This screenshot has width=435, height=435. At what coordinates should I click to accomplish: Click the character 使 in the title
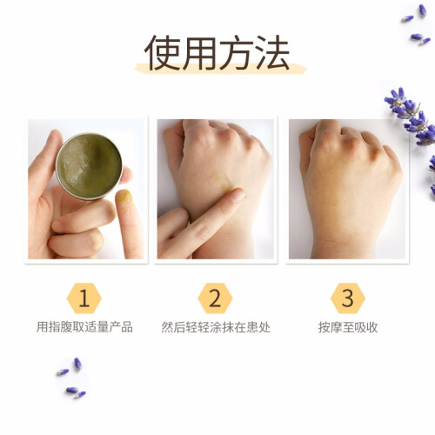163,52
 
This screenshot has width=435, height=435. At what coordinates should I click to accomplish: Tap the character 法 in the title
272,52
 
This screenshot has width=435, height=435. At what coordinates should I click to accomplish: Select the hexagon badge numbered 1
84,298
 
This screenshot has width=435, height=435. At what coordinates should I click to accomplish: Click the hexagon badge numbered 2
215,298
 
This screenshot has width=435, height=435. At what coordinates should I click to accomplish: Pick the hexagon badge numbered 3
347,298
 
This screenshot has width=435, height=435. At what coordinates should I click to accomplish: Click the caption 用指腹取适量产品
84,327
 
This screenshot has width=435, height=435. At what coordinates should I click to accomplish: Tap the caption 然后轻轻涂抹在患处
216,327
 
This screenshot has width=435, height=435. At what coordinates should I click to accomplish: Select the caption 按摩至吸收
348,327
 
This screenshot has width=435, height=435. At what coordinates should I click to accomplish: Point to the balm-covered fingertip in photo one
124,197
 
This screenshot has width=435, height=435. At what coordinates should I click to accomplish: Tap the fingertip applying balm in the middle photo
237,195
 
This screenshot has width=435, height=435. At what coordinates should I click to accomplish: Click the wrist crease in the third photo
346,241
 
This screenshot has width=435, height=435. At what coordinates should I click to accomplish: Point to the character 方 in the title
237,52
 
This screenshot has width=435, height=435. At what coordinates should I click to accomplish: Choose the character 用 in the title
199,52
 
